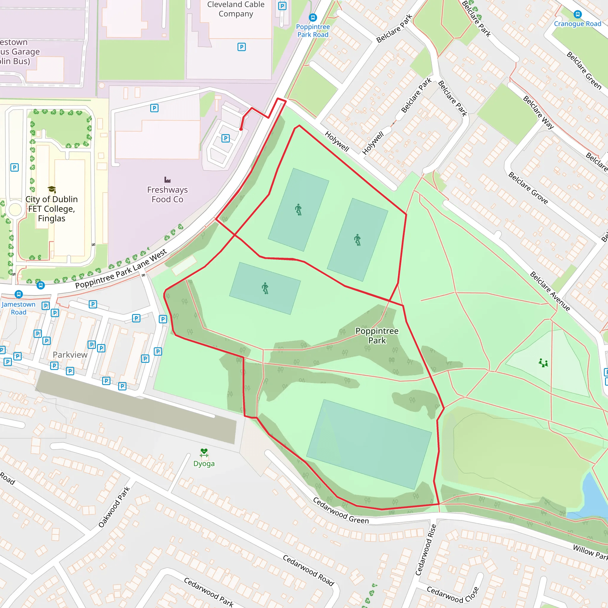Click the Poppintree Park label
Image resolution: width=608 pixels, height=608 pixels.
pos(377,335)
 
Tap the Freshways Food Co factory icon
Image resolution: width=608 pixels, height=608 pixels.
pos(167,180)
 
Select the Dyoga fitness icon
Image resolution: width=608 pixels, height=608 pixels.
pos(204,453)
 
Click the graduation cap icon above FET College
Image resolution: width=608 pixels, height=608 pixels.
pos(52,189)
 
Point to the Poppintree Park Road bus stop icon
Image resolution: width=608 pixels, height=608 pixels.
pos(313,18)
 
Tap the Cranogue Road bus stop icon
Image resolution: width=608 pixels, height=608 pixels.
pos(577,14)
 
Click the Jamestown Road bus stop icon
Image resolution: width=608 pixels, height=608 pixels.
pos(19,294)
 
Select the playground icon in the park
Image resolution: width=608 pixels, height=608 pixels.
pos(543,363)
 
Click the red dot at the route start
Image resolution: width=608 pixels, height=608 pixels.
pos(241,129)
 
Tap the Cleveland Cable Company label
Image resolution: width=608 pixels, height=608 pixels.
pos(236,9)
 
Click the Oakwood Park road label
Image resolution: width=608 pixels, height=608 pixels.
pos(114,507)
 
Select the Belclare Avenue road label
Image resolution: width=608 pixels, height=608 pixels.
pos(550,291)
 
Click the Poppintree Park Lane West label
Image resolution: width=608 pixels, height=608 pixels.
pos(121,269)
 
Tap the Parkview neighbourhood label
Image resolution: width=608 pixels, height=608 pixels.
pos(70,355)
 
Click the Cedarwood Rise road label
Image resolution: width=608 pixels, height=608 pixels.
pos(426,550)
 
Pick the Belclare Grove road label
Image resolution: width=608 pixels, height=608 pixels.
pos(528,188)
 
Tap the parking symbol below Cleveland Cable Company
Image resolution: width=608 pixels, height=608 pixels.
pos(241,47)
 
